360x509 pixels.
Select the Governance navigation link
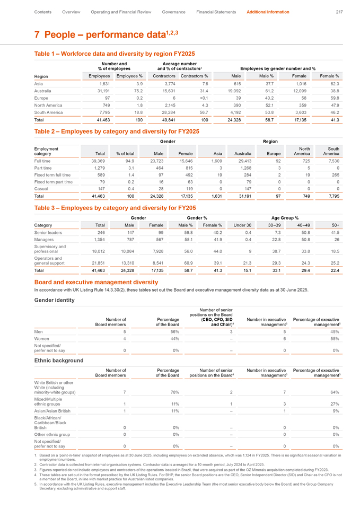tap(173, 12)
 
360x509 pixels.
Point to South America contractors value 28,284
tap(166, 113)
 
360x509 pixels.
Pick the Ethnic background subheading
tap(59, 361)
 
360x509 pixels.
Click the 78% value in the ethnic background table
tap(174, 392)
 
